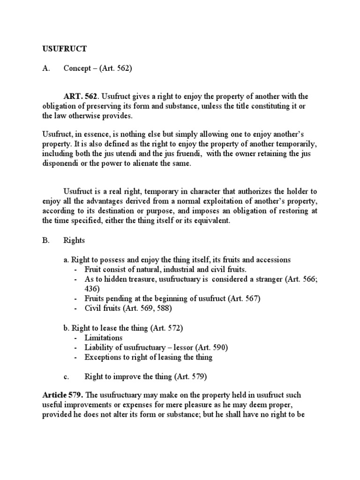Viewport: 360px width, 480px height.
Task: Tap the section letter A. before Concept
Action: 45,68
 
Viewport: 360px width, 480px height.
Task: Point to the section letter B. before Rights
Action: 45,240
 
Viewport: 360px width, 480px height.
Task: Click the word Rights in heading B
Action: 74,240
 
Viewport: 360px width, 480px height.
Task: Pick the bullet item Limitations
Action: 104,337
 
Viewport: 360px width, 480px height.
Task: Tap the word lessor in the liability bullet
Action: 194,347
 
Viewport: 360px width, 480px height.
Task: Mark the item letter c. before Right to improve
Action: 66,376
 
